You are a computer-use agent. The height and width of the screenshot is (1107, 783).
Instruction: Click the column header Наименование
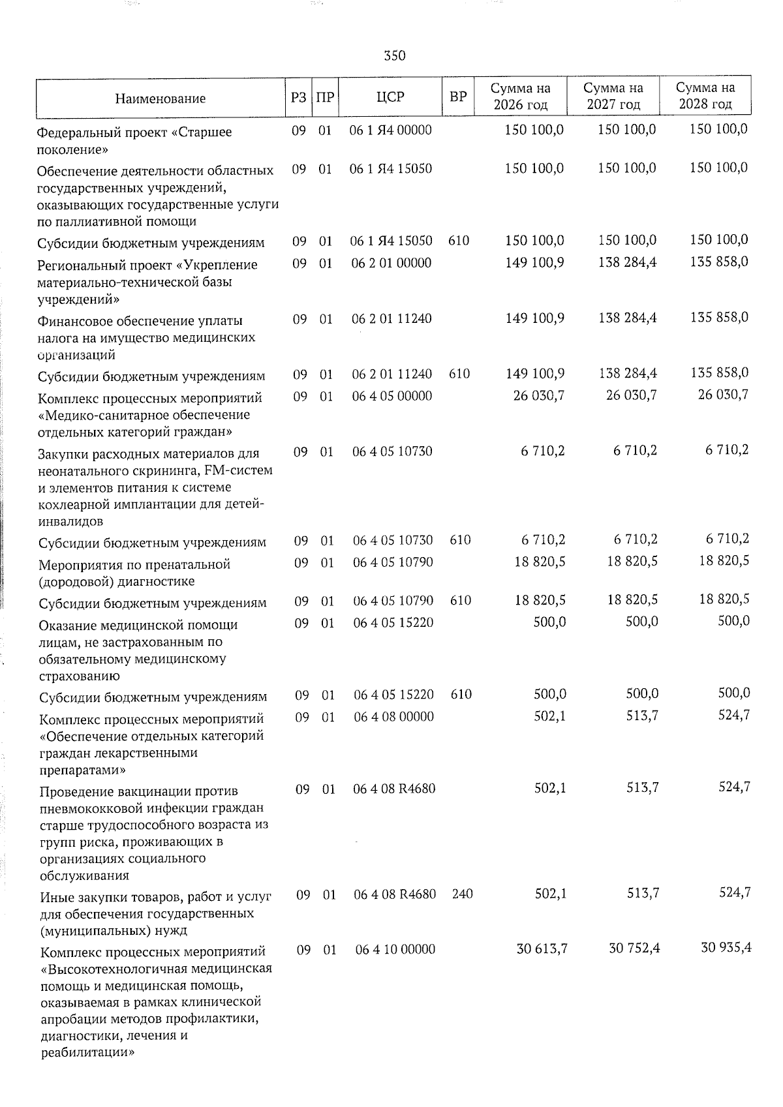pos(160,99)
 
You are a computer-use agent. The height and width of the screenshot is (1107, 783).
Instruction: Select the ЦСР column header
pos(390,97)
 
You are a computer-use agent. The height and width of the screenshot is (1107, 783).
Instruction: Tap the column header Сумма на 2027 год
pos(613,96)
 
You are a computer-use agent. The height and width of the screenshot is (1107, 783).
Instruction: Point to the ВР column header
pos(458,97)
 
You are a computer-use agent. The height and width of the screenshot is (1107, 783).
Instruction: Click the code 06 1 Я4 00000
pos(391,130)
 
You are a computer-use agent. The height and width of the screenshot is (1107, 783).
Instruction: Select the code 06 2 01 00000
pos(391,263)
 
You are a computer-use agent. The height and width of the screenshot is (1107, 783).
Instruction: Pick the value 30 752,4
pos(634,948)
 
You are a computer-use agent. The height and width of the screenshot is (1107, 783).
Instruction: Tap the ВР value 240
pos(462,894)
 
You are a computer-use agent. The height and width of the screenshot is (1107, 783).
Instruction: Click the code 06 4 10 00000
pos(395,949)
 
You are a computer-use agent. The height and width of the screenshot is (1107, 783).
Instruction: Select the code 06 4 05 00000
pos(392,396)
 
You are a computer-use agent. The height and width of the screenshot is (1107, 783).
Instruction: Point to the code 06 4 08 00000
pos(393,716)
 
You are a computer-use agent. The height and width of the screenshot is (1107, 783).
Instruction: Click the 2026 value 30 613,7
pos(542,948)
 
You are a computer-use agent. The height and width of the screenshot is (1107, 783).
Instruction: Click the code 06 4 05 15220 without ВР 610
pos(393,623)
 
